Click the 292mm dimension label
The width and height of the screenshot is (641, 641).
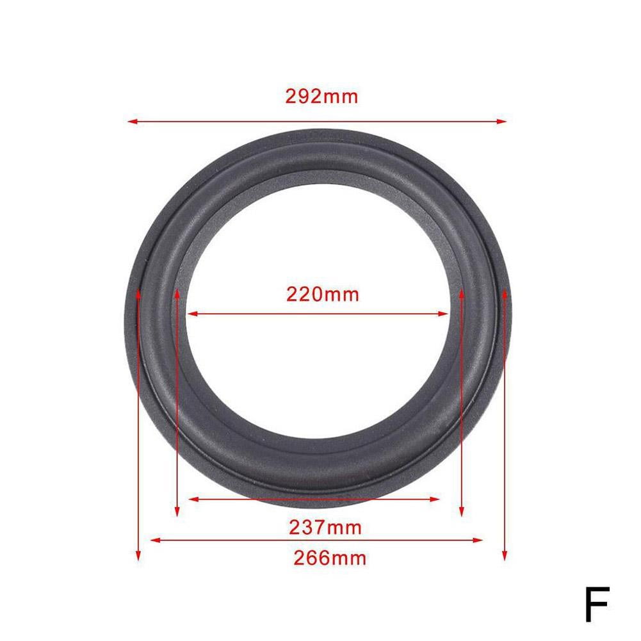(321, 97)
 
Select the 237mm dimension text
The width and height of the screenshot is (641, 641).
(325, 528)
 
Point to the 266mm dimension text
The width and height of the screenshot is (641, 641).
(330, 558)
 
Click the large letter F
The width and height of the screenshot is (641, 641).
(596, 604)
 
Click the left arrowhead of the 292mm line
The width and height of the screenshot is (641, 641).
(132, 120)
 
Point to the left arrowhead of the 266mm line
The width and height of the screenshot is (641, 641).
(154, 540)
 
